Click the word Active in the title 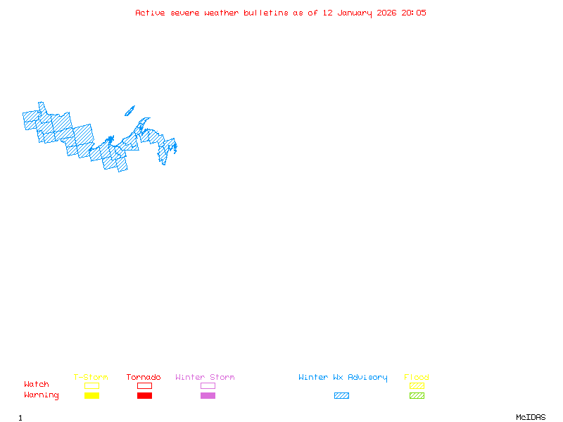(151, 13)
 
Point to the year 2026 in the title (386, 13)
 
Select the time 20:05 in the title (415, 13)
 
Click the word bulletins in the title (265, 13)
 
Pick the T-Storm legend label (91, 378)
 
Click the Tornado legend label (144, 378)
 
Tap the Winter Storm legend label (205, 378)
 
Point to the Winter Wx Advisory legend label (343, 378)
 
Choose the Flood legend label (417, 378)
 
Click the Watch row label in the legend (37, 385)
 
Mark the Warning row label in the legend (42, 395)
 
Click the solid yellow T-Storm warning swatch (91, 396)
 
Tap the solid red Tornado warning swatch (144, 396)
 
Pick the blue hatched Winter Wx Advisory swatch (341, 396)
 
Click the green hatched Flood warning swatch (417, 396)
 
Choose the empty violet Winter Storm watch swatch (208, 386)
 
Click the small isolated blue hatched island (129, 111)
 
